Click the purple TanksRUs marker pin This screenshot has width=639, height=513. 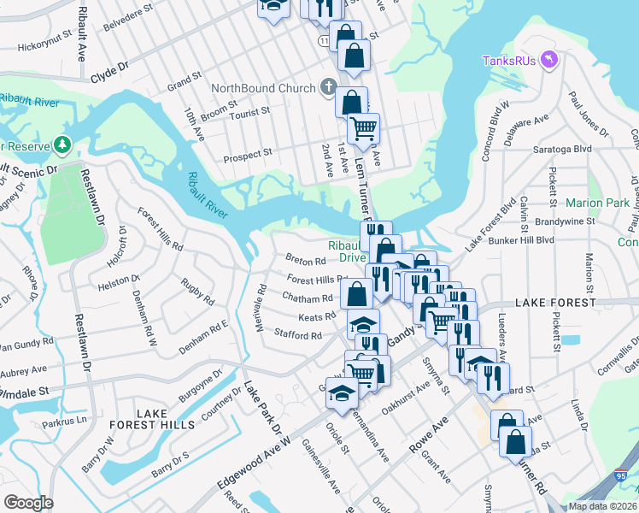point(549,59)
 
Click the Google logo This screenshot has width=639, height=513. point(28,502)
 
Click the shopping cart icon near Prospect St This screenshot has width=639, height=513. point(364,129)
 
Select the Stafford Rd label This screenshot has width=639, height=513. point(297,335)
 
